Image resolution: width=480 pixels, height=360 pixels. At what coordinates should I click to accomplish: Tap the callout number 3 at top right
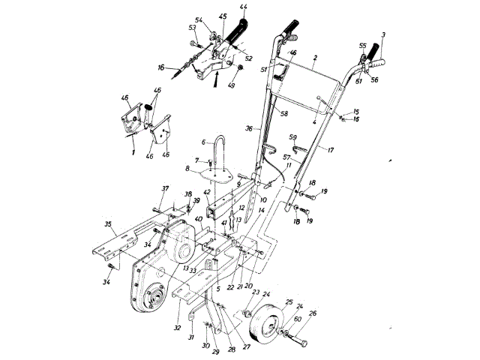point(383,35)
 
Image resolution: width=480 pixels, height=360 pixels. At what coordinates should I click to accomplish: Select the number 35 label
point(108,224)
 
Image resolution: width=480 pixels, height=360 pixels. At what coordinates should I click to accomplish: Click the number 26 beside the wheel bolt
point(313,313)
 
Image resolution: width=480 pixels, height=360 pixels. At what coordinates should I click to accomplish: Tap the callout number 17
point(328,149)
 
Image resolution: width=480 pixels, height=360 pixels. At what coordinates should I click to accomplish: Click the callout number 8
point(187,169)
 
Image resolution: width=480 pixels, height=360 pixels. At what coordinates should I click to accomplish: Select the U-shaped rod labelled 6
point(222,150)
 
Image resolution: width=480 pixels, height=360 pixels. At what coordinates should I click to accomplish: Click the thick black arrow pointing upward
point(215,81)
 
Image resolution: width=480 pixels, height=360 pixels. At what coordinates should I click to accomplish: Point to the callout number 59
point(294,137)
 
